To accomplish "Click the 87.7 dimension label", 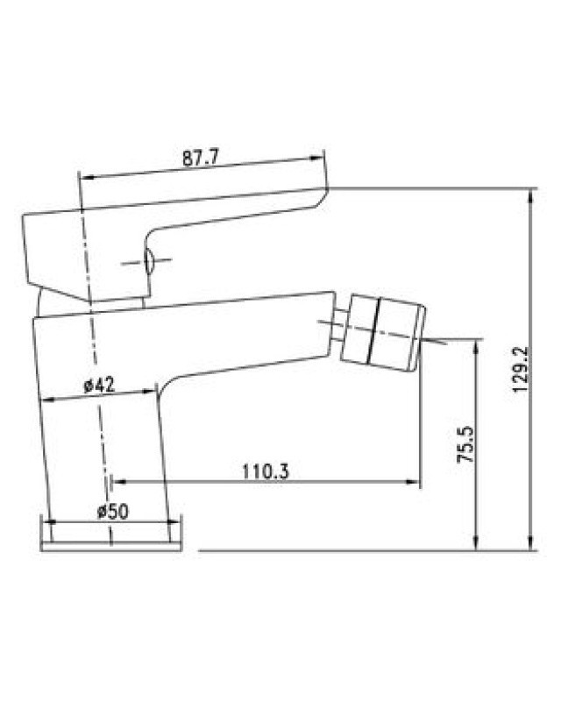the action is point(200,159).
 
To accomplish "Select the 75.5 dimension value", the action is point(465,444).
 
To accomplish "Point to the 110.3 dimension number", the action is point(266,471).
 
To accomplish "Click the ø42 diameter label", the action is point(99,385).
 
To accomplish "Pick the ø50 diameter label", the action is point(113,511).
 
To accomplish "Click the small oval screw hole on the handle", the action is point(148,261).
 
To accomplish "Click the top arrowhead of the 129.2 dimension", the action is point(530,195).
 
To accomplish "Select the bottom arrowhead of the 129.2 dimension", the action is point(530,543).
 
